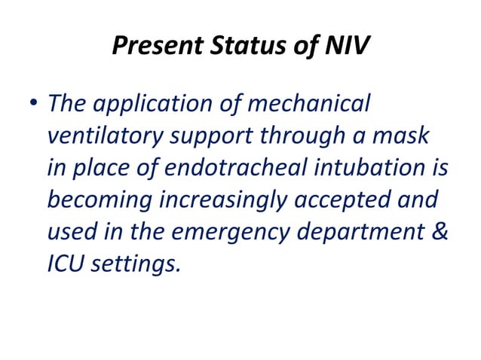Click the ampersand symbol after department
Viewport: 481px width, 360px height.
pyautogui.click(x=441, y=232)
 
